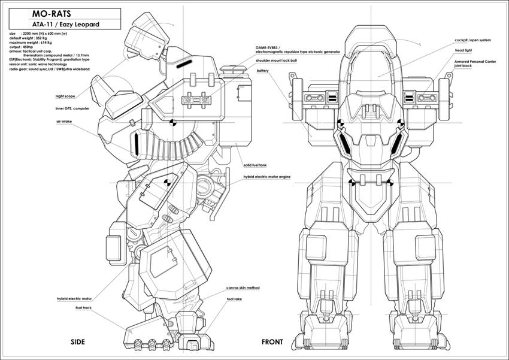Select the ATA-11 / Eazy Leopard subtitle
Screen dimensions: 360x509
(66, 25)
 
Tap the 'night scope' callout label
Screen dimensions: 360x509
(65, 96)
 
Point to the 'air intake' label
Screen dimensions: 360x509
(64, 121)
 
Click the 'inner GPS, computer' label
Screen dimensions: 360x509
(72, 108)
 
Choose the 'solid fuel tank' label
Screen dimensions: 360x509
(255, 164)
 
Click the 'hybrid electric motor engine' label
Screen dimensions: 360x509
(266, 177)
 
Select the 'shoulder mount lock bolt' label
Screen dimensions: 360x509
(278, 60)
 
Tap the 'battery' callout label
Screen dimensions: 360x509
(262, 71)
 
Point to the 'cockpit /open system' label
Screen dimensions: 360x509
(472, 40)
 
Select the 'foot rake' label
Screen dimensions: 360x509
(234, 298)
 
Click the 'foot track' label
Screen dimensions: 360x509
(83, 308)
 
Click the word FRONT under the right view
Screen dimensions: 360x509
(272, 342)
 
